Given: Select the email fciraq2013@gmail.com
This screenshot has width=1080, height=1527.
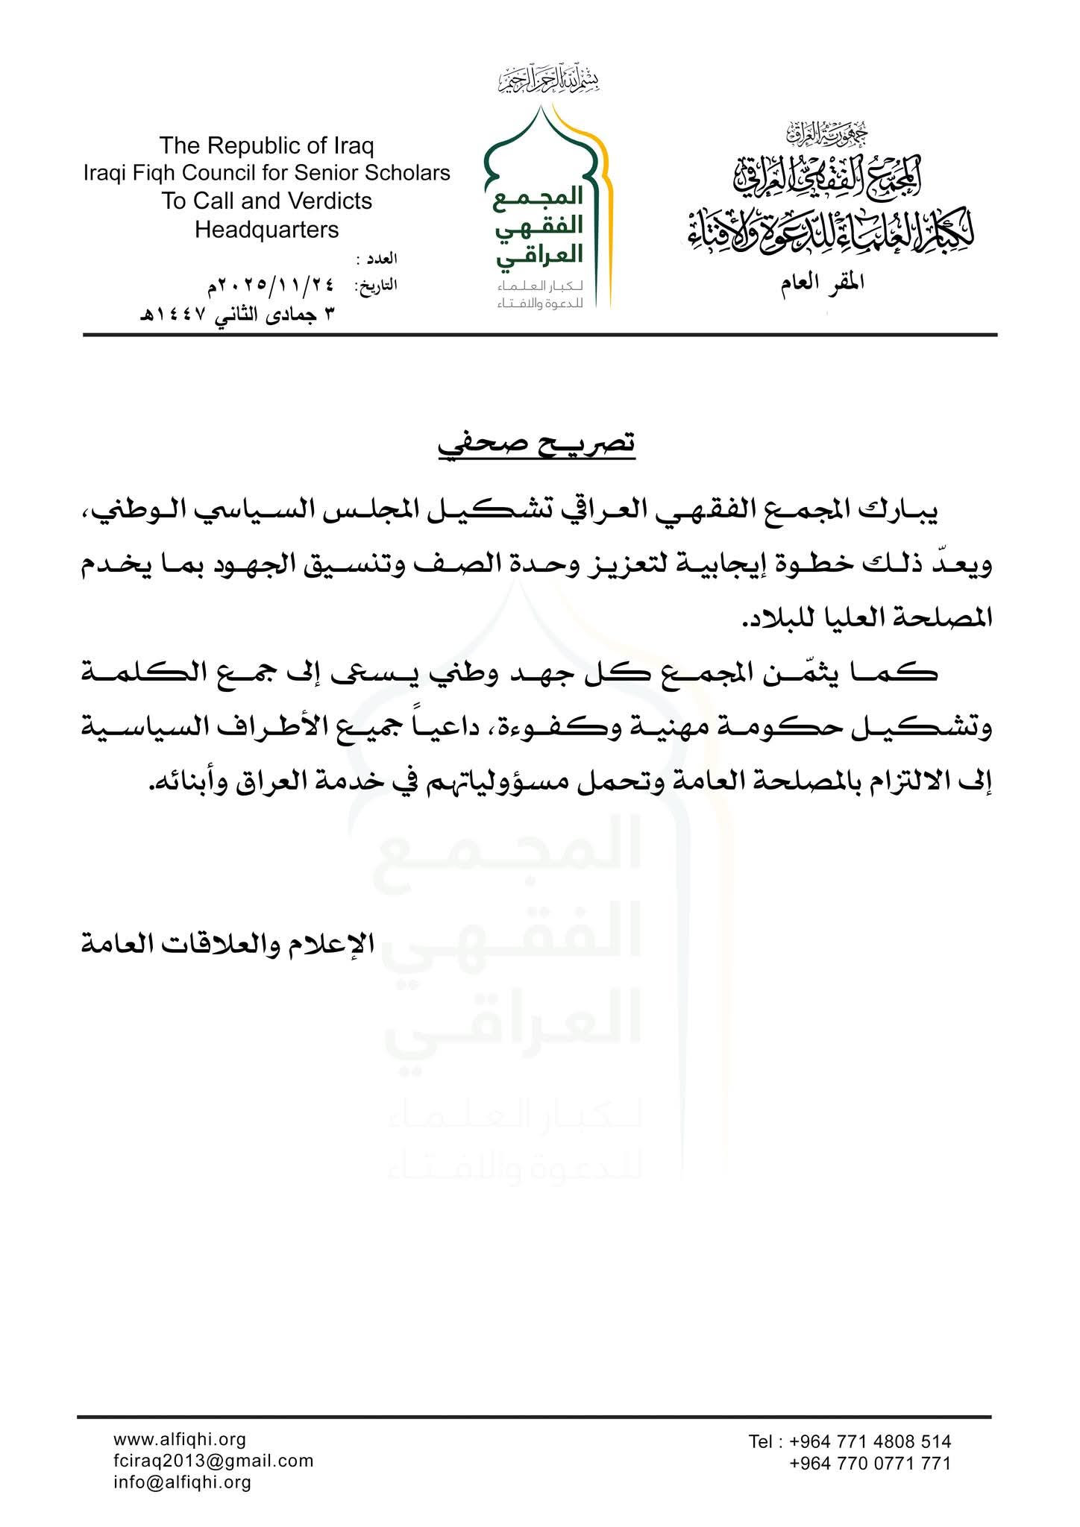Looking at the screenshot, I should [x=213, y=1461].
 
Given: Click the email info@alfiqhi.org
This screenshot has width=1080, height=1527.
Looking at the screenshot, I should [x=182, y=1482].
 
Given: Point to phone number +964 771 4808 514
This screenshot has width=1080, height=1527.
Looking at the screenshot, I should [x=850, y=1441].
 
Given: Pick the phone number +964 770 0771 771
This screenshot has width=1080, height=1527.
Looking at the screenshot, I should [x=870, y=1463].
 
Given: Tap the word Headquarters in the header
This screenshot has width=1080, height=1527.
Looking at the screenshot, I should [x=267, y=230].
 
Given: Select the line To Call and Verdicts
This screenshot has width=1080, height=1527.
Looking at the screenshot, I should [x=267, y=201].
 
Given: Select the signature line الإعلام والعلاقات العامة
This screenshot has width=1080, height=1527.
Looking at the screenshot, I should [x=227, y=944].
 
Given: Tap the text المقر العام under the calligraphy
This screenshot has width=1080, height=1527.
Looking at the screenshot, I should [x=823, y=284].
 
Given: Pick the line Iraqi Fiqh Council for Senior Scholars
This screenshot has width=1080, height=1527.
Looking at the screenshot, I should [x=267, y=173].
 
